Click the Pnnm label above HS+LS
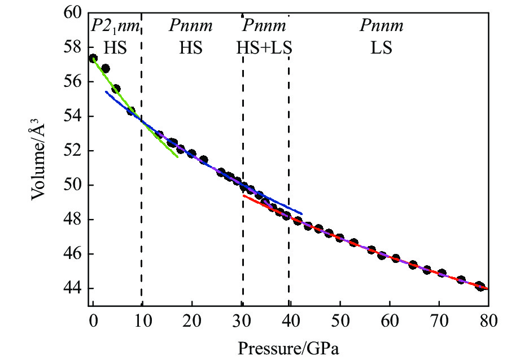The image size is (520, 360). coord(264,26)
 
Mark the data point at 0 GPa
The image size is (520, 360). coord(93,58)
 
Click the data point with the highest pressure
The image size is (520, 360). coord(480,286)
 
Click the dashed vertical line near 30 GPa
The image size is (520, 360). coord(243,113)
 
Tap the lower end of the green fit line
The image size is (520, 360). coord(177,156)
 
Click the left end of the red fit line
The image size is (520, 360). coord(244,196)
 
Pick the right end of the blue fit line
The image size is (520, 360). coord(302,214)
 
